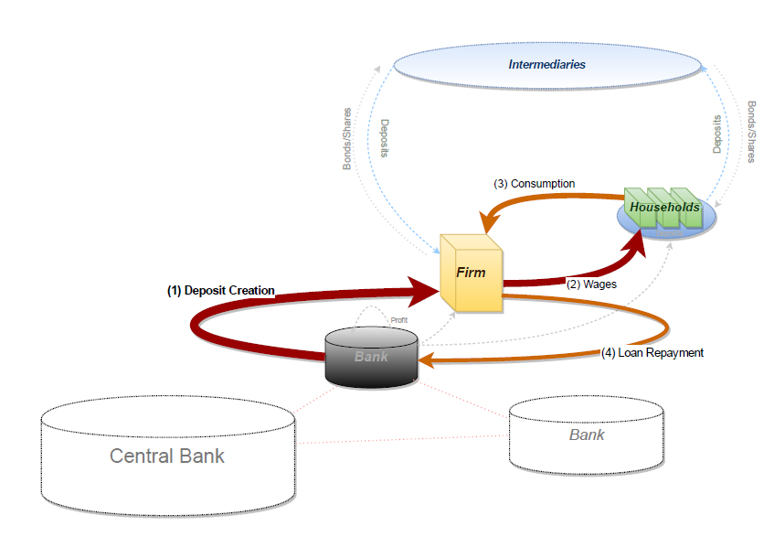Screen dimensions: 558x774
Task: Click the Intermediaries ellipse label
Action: [x=546, y=65]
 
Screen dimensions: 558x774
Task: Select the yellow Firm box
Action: [x=472, y=273]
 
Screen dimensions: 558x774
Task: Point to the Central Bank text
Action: [x=167, y=456]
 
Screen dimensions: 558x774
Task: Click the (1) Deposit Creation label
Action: [x=220, y=291]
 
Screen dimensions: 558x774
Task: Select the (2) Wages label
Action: [x=592, y=284]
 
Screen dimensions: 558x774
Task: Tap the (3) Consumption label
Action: [x=535, y=184]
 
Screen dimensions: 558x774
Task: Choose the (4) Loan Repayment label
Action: [x=652, y=352]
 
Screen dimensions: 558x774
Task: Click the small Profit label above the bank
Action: [x=399, y=320]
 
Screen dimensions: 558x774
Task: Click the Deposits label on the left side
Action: [x=385, y=136]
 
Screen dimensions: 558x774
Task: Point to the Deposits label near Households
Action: [x=717, y=134]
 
